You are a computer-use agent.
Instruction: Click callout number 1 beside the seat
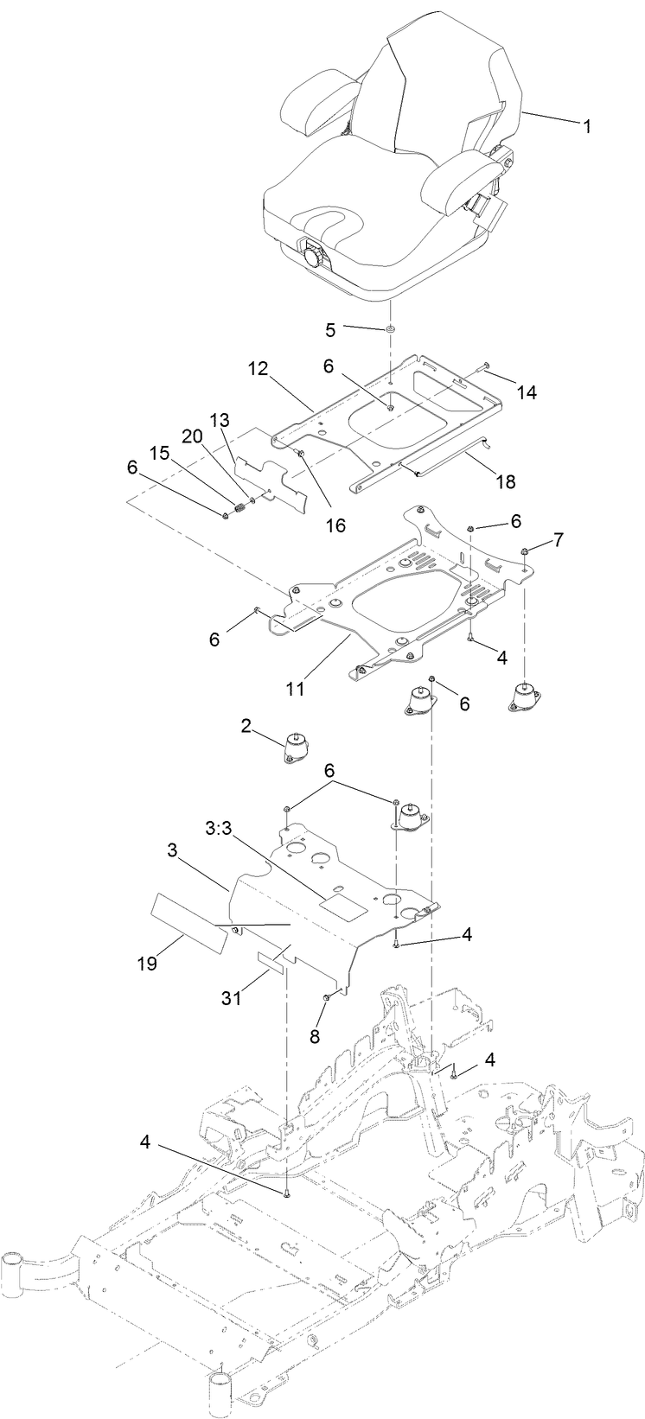(587, 127)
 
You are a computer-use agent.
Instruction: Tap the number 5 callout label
(329, 329)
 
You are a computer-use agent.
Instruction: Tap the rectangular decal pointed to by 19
(188, 922)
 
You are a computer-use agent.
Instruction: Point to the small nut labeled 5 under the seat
(391, 329)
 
